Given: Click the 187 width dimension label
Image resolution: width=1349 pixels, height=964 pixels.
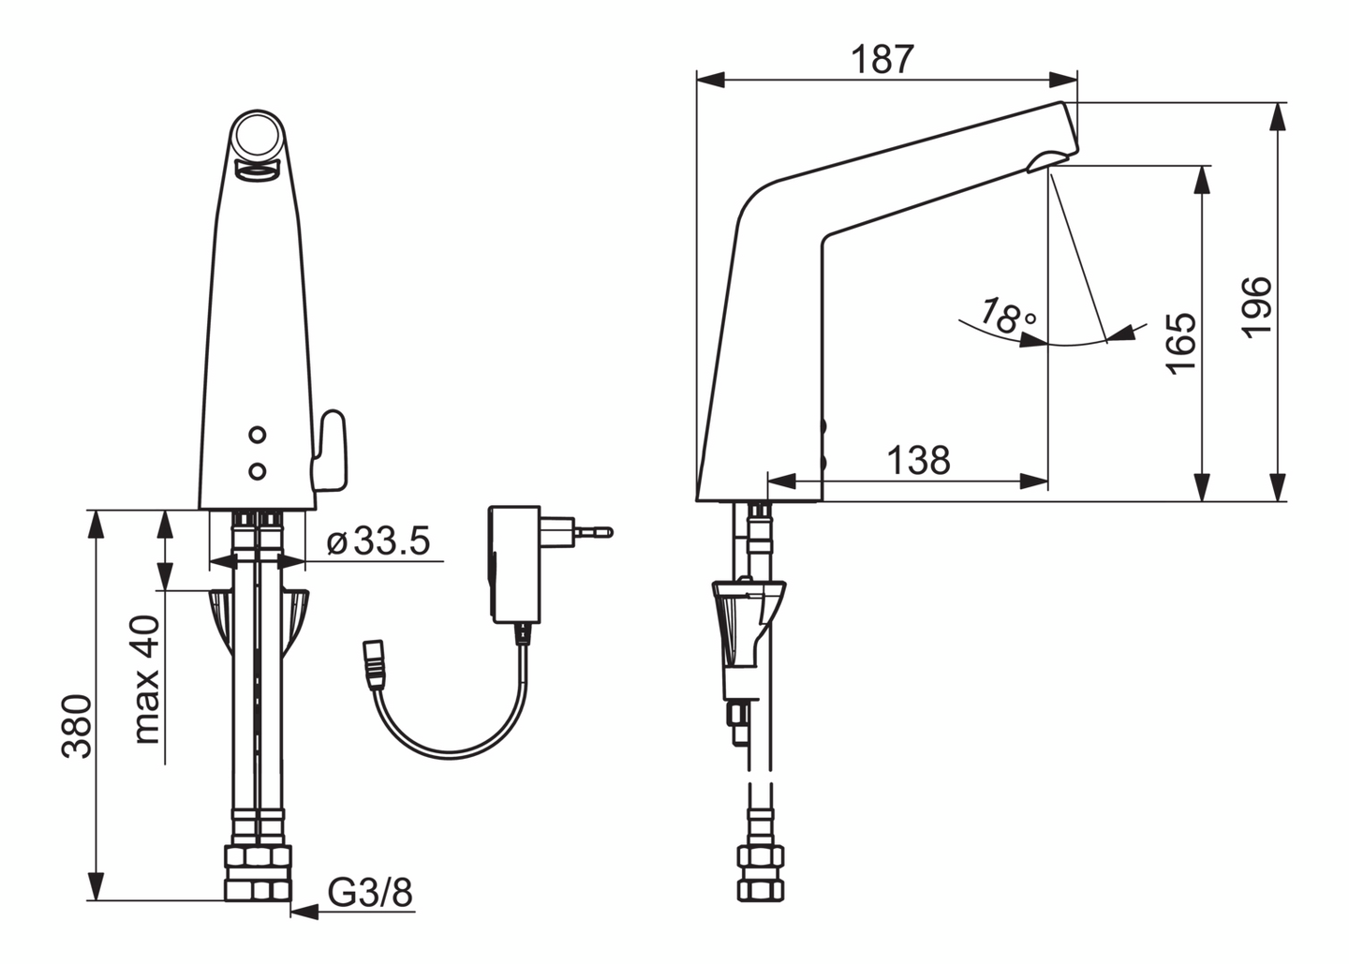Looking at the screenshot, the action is (882, 59).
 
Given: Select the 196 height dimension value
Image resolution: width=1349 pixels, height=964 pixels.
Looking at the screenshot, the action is (1256, 307).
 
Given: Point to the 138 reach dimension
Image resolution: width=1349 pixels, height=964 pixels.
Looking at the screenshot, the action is (919, 460).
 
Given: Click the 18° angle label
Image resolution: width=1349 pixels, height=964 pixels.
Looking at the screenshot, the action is (1008, 316).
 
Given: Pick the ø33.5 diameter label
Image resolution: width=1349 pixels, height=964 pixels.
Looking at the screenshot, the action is (378, 541).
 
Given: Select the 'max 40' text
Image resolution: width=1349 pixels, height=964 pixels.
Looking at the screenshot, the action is (147, 679).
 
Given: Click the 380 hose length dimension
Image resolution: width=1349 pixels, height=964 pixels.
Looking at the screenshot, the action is (78, 727).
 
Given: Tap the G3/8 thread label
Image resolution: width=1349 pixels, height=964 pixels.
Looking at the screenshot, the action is (370, 893).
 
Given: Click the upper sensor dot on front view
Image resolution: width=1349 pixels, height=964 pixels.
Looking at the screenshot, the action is (257, 434).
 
